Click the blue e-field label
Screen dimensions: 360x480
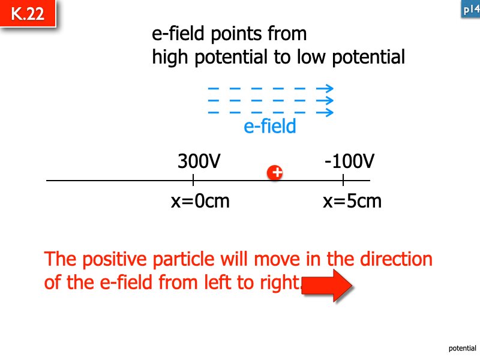pos(270,127)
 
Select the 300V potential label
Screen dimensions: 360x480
pos(199,161)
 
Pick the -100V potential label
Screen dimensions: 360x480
pos(349,161)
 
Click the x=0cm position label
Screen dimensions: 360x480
pos(200,201)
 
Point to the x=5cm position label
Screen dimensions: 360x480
pos(352,201)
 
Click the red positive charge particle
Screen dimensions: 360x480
pos(275,173)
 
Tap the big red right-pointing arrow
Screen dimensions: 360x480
pos(327,285)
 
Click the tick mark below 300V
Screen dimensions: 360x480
pos(193,180)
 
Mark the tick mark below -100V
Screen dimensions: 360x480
pos(343,180)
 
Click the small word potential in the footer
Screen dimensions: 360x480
pos(462,348)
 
